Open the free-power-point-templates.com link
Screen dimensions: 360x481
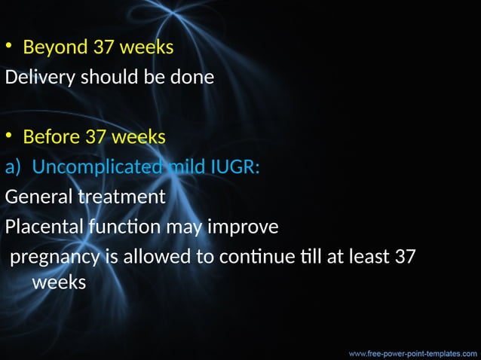pos(412,351)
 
